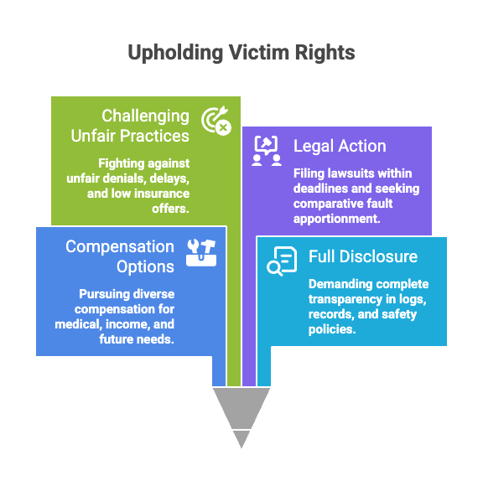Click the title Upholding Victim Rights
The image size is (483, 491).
pos(241,53)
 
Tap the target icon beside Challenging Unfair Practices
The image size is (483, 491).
pos(216,121)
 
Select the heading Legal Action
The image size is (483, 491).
pos(340,146)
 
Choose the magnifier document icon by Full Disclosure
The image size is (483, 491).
pos(281,261)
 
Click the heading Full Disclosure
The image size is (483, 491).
pos(363,256)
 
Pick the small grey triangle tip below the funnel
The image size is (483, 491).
pos(241,438)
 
